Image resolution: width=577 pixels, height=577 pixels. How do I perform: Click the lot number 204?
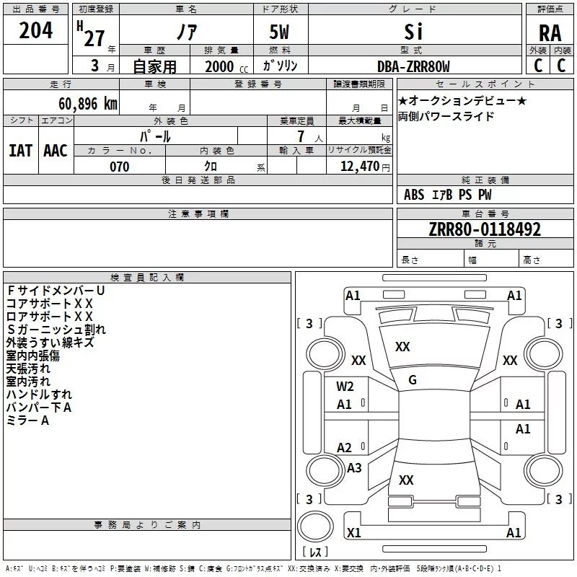pyautogui.click(x=35, y=30)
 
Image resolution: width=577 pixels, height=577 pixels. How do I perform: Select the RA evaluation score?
pyautogui.click(x=550, y=33)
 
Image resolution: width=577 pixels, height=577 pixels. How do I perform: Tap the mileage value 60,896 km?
pyautogui.click(x=88, y=104)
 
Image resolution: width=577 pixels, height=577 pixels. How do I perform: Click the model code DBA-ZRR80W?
pyautogui.click(x=413, y=66)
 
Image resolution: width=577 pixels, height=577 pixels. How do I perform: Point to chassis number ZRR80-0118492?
pyautogui.click(x=485, y=229)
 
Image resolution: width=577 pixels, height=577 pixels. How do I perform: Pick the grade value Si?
pyautogui.click(x=413, y=32)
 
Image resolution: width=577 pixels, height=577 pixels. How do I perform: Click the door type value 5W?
pyautogui.click(x=279, y=32)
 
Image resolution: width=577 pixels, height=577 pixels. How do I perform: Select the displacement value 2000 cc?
pyautogui.click(x=226, y=66)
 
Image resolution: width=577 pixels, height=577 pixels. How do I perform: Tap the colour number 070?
pyautogui.click(x=120, y=167)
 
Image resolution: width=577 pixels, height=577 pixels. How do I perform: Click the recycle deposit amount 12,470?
pyautogui.click(x=359, y=166)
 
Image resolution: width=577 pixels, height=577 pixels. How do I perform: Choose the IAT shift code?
pyautogui.click(x=21, y=151)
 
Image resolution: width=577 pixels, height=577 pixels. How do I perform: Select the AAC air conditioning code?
pyautogui.click(x=56, y=151)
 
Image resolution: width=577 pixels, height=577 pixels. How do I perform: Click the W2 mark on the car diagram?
pyautogui.click(x=345, y=387)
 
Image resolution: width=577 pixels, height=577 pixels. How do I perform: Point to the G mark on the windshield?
pyautogui.click(x=413, y=380)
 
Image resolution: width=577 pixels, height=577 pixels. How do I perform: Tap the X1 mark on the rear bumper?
pyautogui.click(x=353, y=532)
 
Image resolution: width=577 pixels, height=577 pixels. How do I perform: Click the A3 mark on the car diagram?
pyautogui.click(x=354, y=467)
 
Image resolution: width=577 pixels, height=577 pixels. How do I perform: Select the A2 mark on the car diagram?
pyautogui.click(x=344, y=447)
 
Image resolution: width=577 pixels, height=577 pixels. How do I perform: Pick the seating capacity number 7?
pyautogui.click(x=301, y=136)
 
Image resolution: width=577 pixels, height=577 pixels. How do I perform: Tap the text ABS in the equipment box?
pyautogui.click(x=414, y=195)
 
